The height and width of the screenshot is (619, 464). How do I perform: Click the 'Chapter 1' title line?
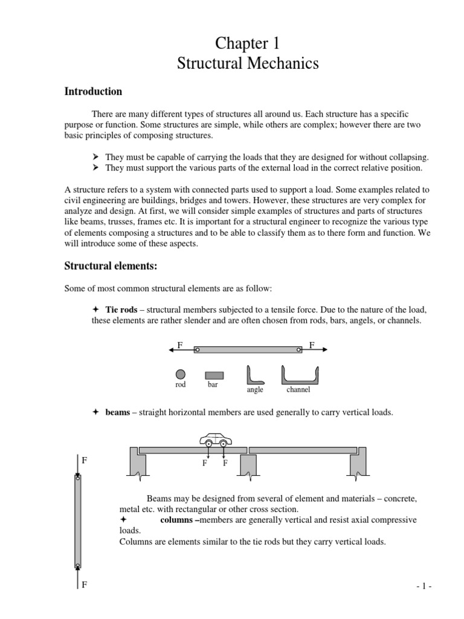(x=248, y=44)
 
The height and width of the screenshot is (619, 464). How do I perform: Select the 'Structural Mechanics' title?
(x=248, y=63)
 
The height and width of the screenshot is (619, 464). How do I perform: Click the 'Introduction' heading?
(x=93, y=92)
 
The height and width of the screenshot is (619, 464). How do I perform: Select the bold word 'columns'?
(x=179, y=520)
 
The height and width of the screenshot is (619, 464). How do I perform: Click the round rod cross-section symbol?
(x=181, y=375)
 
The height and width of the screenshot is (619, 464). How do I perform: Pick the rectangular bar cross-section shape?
(x=214, y=375)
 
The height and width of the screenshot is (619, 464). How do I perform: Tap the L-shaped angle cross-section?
(x=254, y=375)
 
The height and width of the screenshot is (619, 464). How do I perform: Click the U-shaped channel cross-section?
(x=299, y=375)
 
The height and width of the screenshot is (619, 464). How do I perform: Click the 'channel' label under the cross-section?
(x=298, y=390)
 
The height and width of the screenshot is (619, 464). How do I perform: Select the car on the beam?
(x=216, y=438)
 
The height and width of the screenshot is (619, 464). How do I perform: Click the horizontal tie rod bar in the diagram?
(x=248, y=349)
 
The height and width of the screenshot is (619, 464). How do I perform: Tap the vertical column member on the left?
(x=77, y=521)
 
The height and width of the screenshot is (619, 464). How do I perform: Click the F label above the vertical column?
(x=85, y=460)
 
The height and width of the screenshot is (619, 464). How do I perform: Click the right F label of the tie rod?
(x=312, y=345)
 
